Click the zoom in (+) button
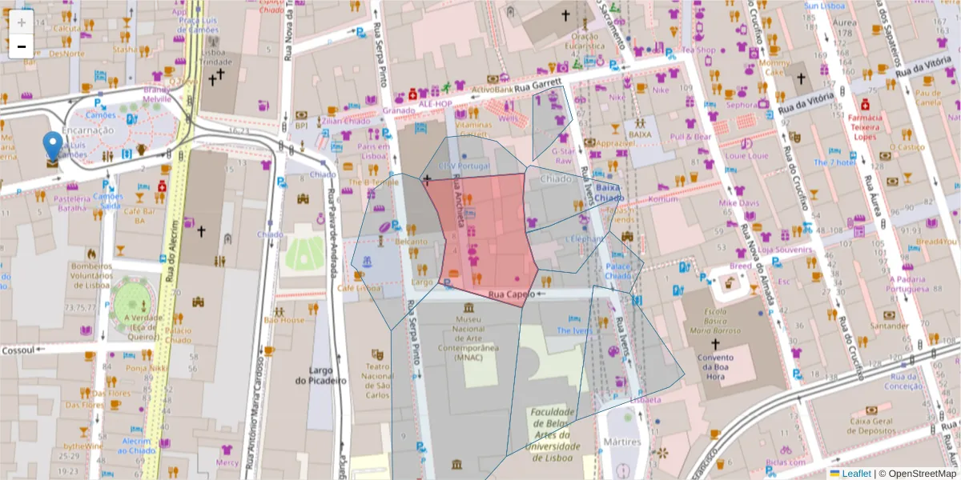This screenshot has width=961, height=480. (22, 22)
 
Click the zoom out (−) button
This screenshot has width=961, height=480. (22, 46)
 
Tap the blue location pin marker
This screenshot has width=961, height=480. (53, 147)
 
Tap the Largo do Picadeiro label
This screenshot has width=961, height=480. (320, 375)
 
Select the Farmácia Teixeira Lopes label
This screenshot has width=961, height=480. (864, 126)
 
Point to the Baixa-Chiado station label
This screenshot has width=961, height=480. (609, 193)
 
